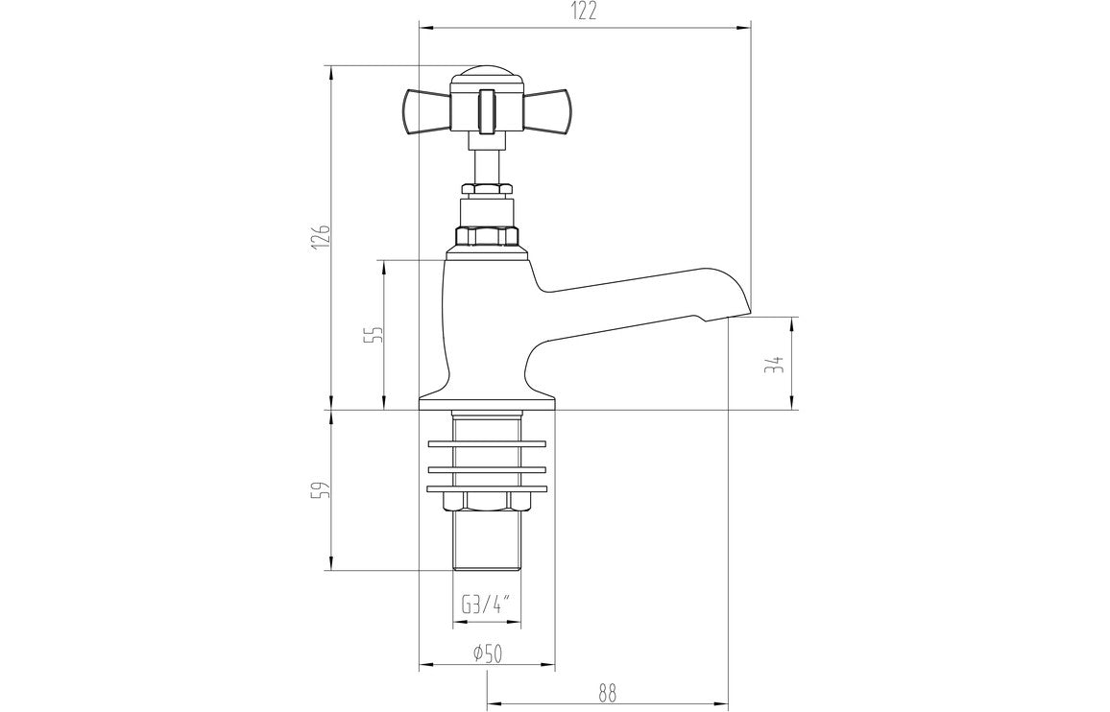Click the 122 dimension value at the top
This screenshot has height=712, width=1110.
[x=585, y=12]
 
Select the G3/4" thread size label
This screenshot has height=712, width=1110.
[x=486, y=605]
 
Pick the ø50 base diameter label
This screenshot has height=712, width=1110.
[x=487, y=654]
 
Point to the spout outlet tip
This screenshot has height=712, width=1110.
[x=730, y=315]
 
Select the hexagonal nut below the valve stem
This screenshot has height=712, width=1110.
[x=487, y=237]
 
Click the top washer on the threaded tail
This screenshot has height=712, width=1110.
[x=487, y=443]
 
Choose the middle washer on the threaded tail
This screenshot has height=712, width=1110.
[x=487, y=468]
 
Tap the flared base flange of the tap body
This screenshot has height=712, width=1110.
[x=487, y=401]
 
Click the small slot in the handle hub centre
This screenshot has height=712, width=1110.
[x=487, y=107]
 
